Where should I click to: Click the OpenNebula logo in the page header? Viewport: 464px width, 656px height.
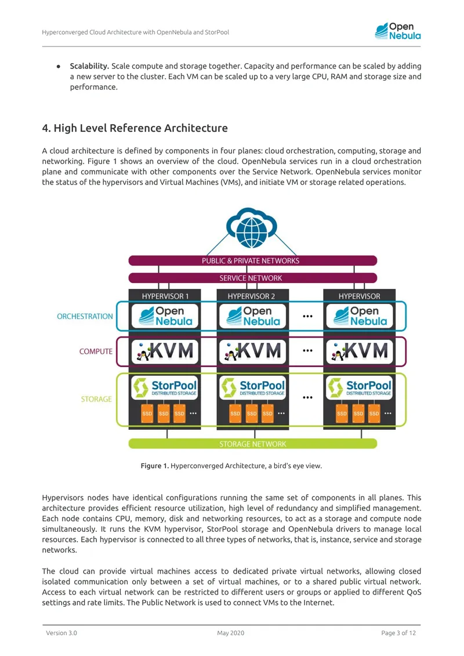[397, 31]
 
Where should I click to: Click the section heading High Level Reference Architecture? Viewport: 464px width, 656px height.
[135, 128]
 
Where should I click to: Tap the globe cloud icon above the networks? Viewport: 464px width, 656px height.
[252, 228]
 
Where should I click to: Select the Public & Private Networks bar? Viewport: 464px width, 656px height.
[253, 260]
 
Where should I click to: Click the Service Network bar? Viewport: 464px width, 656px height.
[253, 278]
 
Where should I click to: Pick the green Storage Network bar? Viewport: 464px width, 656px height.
[253, 444]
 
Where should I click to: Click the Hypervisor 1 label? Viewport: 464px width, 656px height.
[165, 296]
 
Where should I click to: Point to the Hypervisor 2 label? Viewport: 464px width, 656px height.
[251, 296]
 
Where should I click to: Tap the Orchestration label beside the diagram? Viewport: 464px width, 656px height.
[85, 316]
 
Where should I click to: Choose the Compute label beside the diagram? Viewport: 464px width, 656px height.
[96, 351]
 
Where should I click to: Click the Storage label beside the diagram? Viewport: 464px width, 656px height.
[96, 399]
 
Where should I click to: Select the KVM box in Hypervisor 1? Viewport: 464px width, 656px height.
[165, 351]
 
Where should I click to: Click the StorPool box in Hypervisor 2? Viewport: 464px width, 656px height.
[253, 388]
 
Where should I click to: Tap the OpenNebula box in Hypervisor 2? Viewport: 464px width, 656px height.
[253, 316]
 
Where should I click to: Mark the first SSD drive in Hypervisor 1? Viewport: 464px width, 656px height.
[147, 414]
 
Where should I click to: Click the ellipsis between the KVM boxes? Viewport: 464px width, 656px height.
[307, 350]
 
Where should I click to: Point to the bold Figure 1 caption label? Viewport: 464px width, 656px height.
[155, 466]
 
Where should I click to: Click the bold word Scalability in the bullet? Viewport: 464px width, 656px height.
[89, 66]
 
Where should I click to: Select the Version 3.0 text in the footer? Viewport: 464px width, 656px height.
[61, 633]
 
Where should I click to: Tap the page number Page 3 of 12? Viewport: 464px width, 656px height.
[398, 633]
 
